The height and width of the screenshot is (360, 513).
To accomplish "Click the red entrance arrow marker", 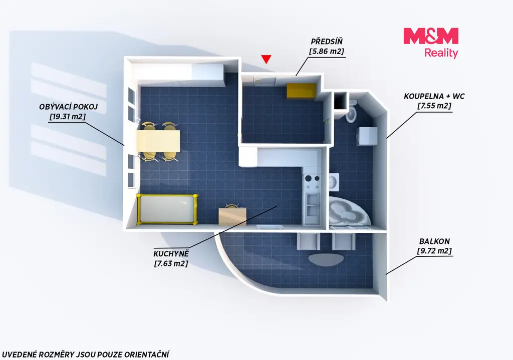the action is click(267, 59).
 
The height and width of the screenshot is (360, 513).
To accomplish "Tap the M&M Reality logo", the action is click(431, 43).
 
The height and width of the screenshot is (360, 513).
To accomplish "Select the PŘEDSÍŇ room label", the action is click(327, 42).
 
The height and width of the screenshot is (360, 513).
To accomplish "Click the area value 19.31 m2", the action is click(68, 116).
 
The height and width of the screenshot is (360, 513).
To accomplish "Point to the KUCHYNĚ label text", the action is click(171, 253).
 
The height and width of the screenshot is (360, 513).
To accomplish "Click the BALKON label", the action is click(434, 241).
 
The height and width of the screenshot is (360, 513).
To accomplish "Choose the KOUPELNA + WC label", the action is click(434, 96).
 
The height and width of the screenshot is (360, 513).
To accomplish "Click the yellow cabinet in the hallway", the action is click(302, 91).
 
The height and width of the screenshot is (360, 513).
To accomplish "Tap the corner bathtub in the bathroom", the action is click(349, 212).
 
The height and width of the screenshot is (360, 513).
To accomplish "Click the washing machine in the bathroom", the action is click(367, 136).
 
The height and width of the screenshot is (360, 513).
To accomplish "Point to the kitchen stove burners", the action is click(313, 182).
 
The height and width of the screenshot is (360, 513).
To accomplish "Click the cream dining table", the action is click(158, 141).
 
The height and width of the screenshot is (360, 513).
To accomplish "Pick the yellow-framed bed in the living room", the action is click(167, 209).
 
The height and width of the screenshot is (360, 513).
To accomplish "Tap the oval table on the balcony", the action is click(326, 259).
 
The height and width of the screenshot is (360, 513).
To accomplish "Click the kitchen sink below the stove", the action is click(313, 205).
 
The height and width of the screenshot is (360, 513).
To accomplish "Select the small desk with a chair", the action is click(232, 215).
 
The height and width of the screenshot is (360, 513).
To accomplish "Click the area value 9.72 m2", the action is click(434, 251).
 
